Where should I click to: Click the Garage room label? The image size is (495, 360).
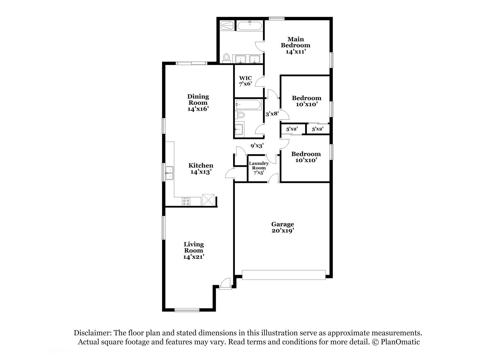[x=282, y=228]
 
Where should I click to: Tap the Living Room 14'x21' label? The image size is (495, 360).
[x=193, y=250]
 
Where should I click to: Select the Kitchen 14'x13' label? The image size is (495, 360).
[x=201, y=168]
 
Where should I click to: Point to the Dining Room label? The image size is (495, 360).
[x=198, y=100]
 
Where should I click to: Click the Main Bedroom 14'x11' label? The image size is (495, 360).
[x=296, y=45]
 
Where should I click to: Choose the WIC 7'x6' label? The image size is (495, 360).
[x=245, y=81]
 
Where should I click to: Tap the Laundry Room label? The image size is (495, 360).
[x=259, y=166]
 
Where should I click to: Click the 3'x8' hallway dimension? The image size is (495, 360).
[x=272, y=114]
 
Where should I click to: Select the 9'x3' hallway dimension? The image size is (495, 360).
[x=257, y=146]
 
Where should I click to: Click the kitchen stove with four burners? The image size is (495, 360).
[x=186, y=202]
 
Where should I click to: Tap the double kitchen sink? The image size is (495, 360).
[x=169, y=173]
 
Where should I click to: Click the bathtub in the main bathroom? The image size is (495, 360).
[x=249, y=26]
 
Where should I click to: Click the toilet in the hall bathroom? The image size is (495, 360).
[x=240, y=115]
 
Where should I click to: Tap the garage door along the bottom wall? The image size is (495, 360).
[x=284, y=275]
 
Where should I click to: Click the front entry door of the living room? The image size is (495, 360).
[x=225, y=283]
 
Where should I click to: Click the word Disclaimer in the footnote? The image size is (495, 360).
[x=93, y=333]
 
